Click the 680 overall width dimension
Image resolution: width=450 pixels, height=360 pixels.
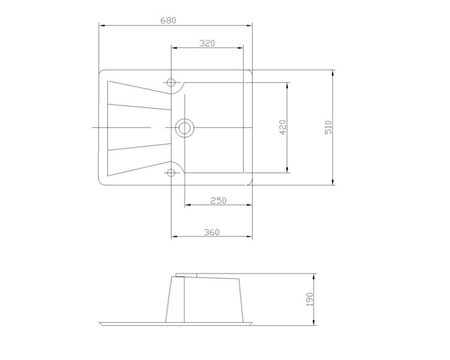(168, 20)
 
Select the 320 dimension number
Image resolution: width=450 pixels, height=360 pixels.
(207, 43)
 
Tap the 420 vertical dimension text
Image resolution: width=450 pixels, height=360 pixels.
(283, 127)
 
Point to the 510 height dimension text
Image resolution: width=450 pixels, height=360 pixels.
(328, 127)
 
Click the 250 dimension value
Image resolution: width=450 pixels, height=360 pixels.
(218, 200)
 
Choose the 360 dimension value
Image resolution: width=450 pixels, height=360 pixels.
(212, 232)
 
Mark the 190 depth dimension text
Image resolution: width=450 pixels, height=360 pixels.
(310, 299)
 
